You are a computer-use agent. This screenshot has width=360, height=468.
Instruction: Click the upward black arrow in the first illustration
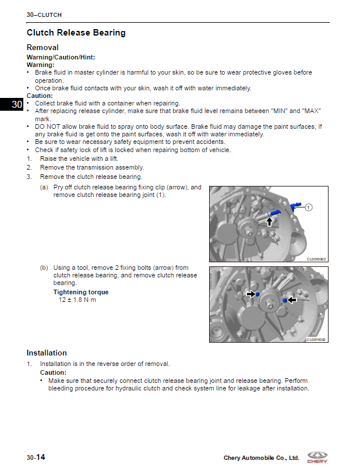tap(269, 220)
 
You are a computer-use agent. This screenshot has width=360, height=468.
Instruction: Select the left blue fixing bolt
tap(257, 295)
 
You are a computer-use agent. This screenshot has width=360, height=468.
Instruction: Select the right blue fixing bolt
tap(284, 300)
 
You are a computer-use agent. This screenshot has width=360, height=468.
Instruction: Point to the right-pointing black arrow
tap(250, 294)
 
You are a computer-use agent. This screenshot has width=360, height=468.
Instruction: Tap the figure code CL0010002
tap(317, 259)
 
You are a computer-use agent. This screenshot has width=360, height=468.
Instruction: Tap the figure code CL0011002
tap(317, 340)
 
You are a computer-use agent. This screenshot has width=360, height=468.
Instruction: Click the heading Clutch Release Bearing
tap(76, 33)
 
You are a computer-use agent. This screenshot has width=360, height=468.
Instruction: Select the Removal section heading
tap(43, 47)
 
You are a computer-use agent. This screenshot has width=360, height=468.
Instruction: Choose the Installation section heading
tap(47, 353)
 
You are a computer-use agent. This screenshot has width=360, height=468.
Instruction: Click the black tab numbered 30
tap(16, 105)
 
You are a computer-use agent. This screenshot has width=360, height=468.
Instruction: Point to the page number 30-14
tap(36, 458)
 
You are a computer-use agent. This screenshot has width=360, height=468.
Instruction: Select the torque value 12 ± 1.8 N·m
tap(77, 300)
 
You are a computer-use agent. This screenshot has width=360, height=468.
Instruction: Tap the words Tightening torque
tap(81, 292)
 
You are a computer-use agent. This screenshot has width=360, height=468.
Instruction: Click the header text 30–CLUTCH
tap(44, 15)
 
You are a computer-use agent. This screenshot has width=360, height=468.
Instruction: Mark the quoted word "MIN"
tap(280, 111)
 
